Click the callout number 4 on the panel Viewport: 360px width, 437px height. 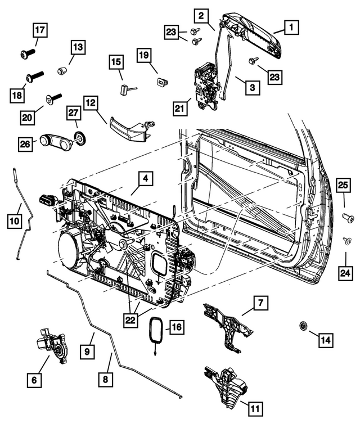(145, 179)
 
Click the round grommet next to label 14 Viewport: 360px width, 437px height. (303, 326)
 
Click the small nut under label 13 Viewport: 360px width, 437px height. (62, 71)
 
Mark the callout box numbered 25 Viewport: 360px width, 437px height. (344, 185)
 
